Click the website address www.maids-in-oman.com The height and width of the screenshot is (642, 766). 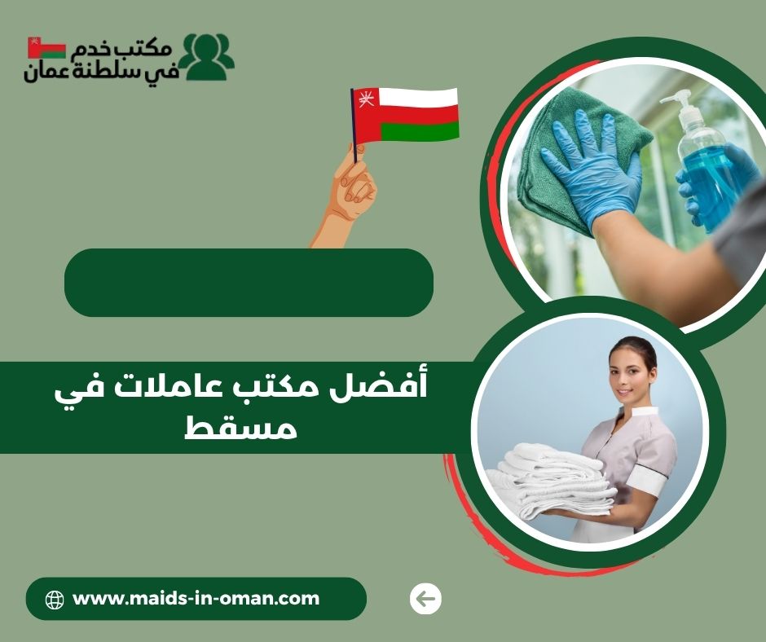[x=196, y=600]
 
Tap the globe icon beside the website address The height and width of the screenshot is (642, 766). [x=55, y=600]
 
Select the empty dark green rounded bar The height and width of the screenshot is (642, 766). [x=249, y=283]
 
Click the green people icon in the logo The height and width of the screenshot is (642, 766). [x=206, y=56]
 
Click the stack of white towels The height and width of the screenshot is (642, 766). [x=554, y=481]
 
